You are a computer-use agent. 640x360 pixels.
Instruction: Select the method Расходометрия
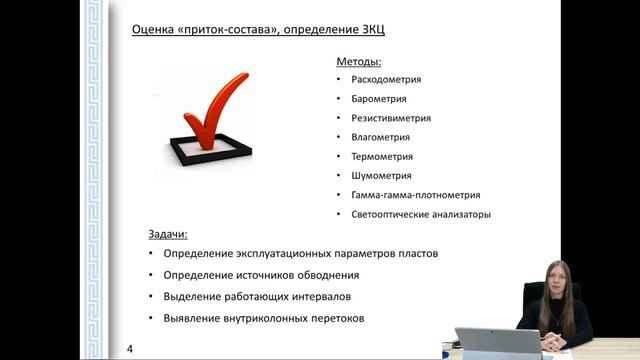pyautogui.click(x=386, y=79)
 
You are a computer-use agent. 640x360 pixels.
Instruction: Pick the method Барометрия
pyautogui.click(x=380, y=99)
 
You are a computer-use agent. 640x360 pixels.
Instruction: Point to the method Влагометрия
pyautogui.click(x=381, y=137)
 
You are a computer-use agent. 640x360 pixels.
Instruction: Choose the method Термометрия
pyautogui.click(x=382, y=157)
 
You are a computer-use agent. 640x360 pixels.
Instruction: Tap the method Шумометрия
pyautogui.click(x=381, y=176)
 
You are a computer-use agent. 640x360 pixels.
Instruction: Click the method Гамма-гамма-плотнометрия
pyautogui.click(x=416, y=195)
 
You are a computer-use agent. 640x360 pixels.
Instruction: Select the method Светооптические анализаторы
pyautogui.click(x=421, y=215)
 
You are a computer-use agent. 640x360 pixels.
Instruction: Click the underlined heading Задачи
pyautogui.click(x=168, y=234)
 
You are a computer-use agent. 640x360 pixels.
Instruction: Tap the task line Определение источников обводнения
pyautogui.click(x=260, y=275)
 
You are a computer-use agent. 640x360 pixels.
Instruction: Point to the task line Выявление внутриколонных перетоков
pyautogui.click(x=264, y=319)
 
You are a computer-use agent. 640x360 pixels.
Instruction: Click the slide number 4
pyautogui.click(x=131, y=348)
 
